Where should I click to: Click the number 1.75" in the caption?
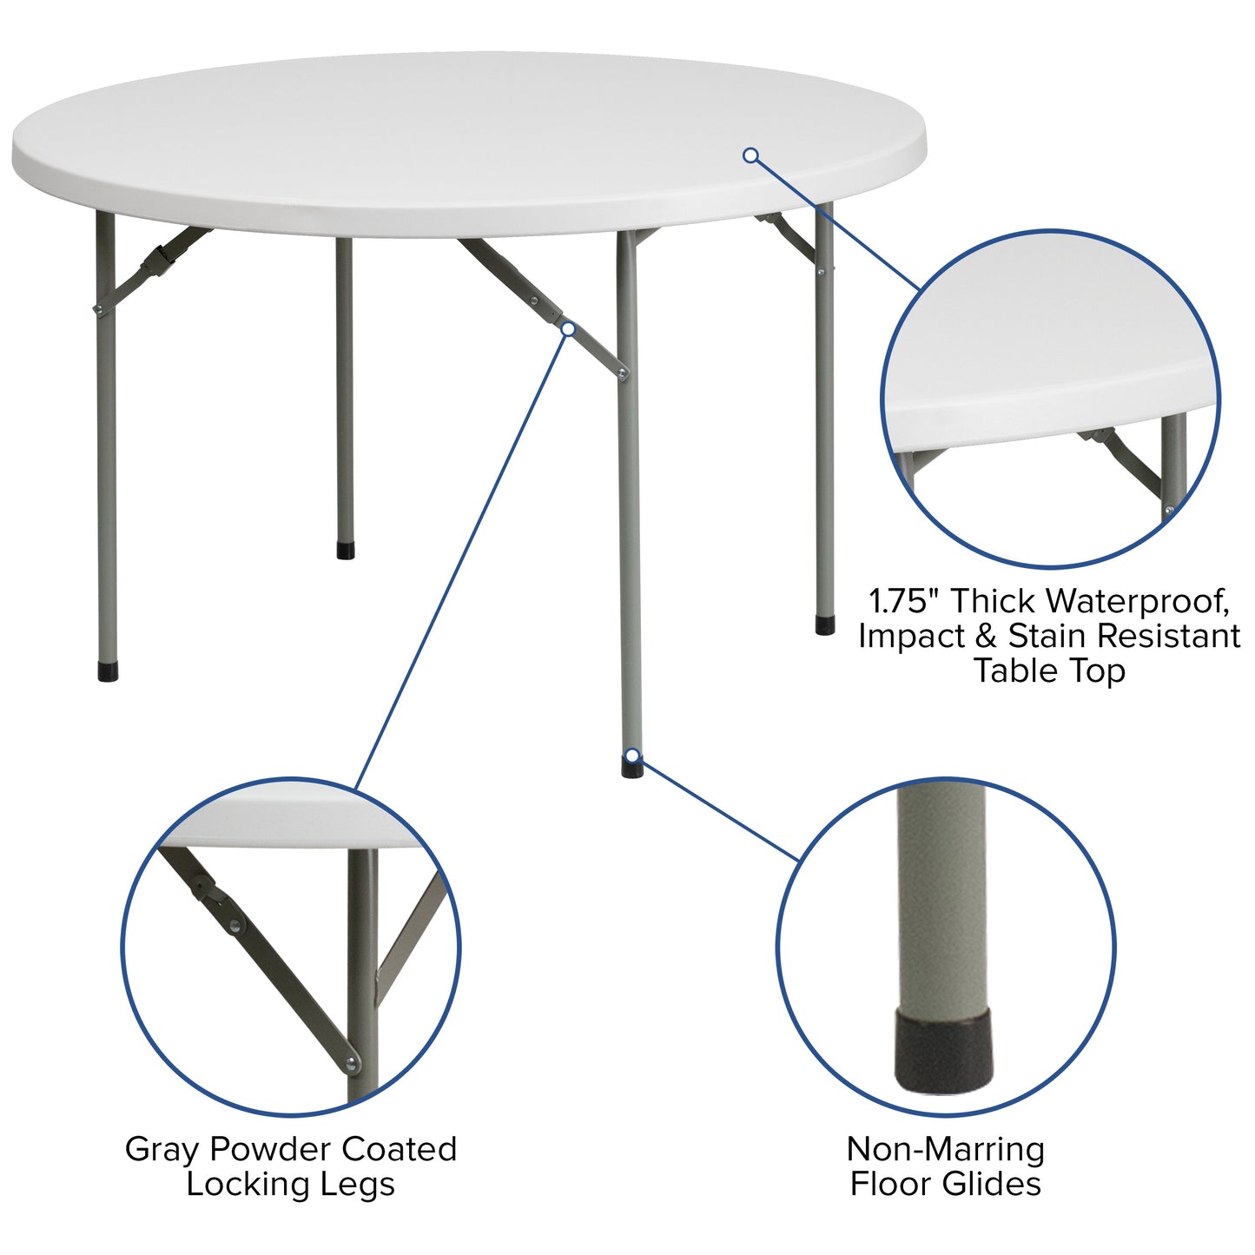(904, 600)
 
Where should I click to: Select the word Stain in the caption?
(1047, 636)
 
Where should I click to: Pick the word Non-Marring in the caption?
(946, 1149)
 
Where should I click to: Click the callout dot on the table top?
(751, 155)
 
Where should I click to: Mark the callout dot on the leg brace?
(568, 328)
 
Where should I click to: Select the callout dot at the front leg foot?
(633, 755)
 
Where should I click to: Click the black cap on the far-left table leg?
(108, 672)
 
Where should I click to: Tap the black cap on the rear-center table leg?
(346, 551)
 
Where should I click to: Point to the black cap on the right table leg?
(825, 625)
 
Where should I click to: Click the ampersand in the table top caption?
(985, 637)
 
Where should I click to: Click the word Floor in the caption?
(889, 1184)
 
